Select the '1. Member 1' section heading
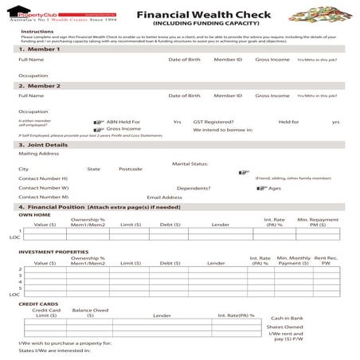click(x=39, y=49)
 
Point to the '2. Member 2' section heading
click(x=39, y=85)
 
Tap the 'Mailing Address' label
click(x=38, y=154)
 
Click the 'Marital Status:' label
click(x=190, y=163)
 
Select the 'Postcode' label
click(x=131, y=169)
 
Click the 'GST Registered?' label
click(x=213, y=122)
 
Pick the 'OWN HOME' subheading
click(x=34, y=214)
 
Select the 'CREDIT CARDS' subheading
click(x=37, y=303)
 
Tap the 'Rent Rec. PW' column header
click(x=326, y=260)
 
